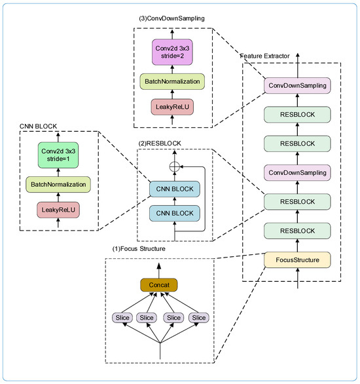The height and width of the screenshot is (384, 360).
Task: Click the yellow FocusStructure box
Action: point(298,259)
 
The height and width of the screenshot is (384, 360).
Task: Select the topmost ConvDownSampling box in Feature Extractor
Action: point(298,85)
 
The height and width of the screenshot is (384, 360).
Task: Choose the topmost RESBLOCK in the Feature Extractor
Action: point(298,114)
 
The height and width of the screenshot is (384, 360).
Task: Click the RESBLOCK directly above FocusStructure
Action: point(298,230)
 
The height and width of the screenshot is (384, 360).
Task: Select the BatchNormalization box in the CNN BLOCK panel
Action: point(59,185)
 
